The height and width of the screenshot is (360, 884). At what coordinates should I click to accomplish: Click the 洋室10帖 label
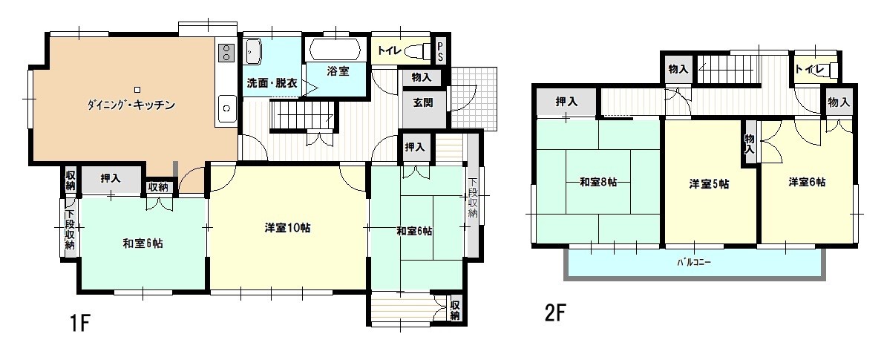pos(286,229)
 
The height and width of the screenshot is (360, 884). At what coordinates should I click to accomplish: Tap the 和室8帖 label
pos(598,183)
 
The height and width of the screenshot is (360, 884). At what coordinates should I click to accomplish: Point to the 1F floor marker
pos(79,324)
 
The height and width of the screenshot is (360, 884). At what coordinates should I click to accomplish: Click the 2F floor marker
pos(555,314)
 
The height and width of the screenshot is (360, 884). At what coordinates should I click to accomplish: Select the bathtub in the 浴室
pos(334,50)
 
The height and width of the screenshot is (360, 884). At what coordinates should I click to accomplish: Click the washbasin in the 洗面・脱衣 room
pos(253,52)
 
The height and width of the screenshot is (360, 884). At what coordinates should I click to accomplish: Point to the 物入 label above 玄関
pos(422,77)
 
